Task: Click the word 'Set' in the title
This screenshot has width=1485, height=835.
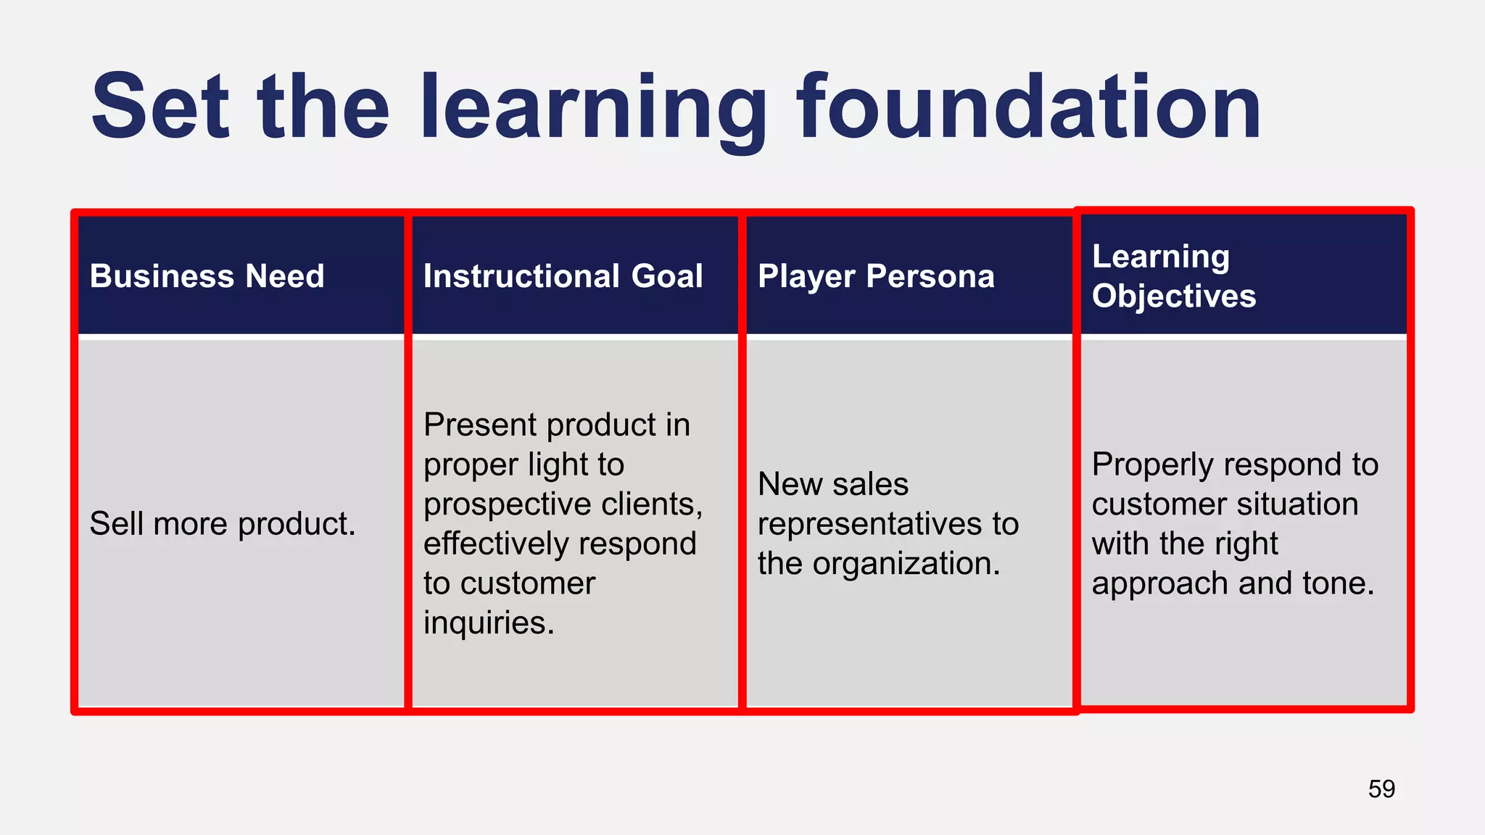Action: click(x=160, y=107)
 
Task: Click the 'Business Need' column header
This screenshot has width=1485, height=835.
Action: click(x=207, y=276)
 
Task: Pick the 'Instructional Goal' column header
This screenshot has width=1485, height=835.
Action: click(x=563, y=276)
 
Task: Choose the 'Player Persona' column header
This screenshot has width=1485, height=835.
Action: click(x=876, y=276)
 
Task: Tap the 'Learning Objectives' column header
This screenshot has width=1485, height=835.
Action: click(x=1173, y=276)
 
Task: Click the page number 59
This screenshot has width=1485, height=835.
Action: click(x=1381, y=789)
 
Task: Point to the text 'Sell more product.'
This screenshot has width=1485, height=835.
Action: click(x=223, y=523)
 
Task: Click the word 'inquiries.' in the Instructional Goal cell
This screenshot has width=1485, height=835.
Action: click(x=489, y=623)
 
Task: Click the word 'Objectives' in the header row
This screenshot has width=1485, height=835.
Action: click(x=1173, y=296)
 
